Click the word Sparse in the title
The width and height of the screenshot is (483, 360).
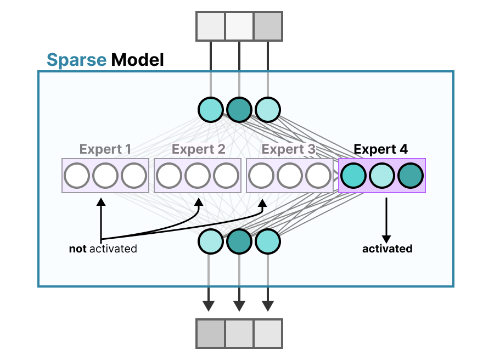pyautogui.click(x=76, y=59)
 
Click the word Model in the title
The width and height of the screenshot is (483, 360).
pyautogui.click(x=137, y=59)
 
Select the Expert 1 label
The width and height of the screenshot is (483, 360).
pyautogui.click(x=105, y=149)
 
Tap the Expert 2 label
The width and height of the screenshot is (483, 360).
pyautogui.click(x=198, y=149)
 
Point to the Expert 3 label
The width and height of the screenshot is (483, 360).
pyautogui.click(x=289, y=149)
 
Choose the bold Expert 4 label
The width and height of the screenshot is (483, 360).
pyautogui.click(x=381, y=149)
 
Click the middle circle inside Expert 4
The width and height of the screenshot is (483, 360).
pyautogui.click(x=382, y=176)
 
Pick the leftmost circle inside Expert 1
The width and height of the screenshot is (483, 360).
pyautogui.click(x=77, y=176)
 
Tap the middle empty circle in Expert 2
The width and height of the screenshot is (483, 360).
pyautogui.click(x=198, y=176)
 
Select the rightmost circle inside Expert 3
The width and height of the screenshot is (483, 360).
pyautogui.click(x=318, y=176)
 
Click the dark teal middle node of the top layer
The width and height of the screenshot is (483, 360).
pyautogui.click(x=239, y=109)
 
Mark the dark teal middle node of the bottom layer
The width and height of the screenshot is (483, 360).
pyautogui.click(x=239, y=241)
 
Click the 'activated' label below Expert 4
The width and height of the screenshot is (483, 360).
pyautogui.click(x=387, y=249)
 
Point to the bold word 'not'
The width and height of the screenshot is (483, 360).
pyautogui.click(x=78, y=249)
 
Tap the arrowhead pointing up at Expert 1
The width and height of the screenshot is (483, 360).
pyautogui.click(x=100, y=201)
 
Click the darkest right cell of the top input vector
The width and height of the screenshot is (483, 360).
pyautogui.click(x=268, y=26)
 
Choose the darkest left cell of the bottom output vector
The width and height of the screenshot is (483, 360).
pyautogui.click(x=211, y=333)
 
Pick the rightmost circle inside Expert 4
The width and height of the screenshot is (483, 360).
pyautogui.click(x=411, y=176)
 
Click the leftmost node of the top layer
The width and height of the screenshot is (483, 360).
pyautogui.click(x=211, y=109)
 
